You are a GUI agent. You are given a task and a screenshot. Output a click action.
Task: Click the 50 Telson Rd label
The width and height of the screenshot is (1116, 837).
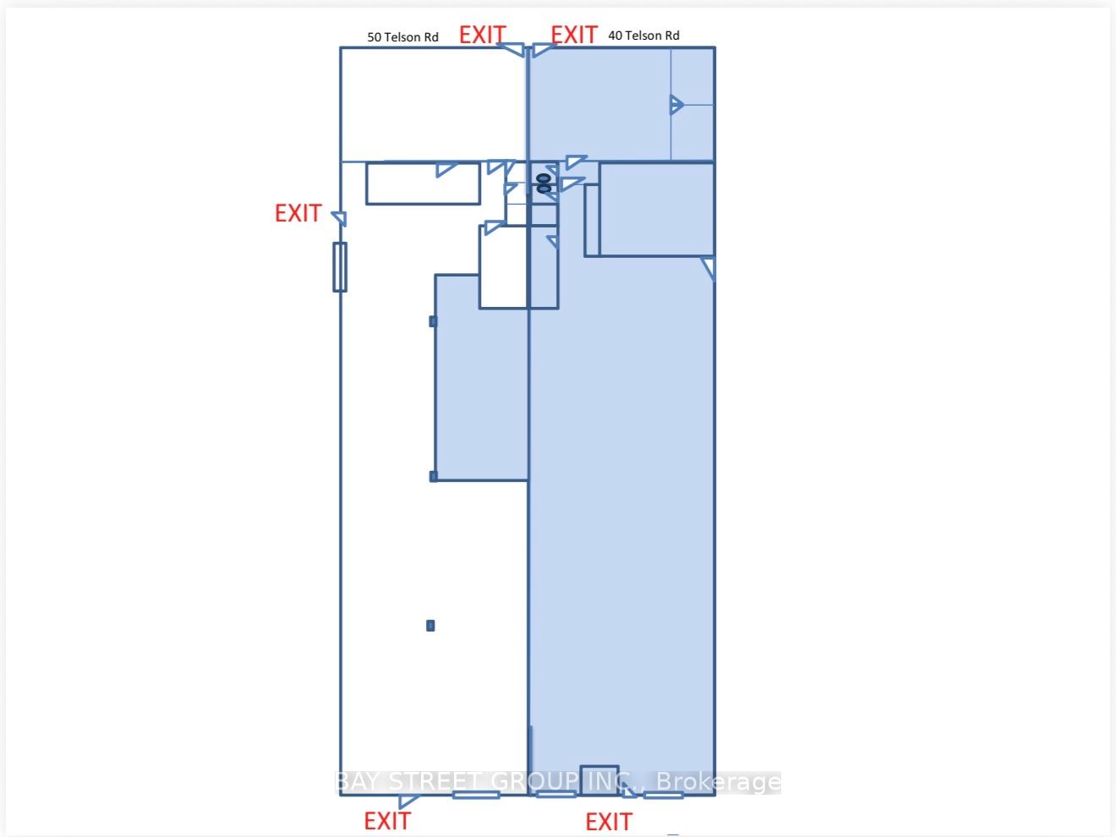coord(402,37)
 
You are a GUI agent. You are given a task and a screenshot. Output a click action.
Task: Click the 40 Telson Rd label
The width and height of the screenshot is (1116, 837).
coord(643,36)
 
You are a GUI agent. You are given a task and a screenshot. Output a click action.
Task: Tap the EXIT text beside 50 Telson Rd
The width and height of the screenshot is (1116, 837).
coord(482,35)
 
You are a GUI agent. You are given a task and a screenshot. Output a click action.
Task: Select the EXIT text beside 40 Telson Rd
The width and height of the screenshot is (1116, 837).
coord(573,35)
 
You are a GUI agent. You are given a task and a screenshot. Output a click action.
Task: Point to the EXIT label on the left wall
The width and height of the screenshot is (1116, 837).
coord(298,213)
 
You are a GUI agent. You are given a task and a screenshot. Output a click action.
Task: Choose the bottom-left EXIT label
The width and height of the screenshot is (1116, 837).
coord(387,821)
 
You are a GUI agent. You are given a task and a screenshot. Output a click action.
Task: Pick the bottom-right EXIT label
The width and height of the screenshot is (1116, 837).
coord(609,821)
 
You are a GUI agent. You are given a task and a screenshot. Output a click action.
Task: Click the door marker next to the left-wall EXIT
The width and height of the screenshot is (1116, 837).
coord(340,218)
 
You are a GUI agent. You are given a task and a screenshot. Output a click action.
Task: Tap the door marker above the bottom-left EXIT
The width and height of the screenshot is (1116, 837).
coord(408,801)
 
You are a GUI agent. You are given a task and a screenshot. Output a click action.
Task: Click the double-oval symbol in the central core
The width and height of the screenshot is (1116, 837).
coord(544,183)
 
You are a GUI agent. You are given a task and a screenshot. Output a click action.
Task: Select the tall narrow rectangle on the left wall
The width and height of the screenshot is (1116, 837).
coord(340,267)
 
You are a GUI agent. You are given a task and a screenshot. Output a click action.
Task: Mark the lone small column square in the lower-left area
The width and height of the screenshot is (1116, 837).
coord(430,626)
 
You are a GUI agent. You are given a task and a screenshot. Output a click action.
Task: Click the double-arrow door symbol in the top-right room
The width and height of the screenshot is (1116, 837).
coord(676,105)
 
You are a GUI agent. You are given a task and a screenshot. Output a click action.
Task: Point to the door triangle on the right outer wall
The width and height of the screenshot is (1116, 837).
coord(708,268)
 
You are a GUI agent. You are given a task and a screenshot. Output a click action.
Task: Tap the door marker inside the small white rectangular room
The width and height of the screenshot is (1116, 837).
coord(446,169)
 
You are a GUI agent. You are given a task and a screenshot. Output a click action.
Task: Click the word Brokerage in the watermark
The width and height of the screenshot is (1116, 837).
coord(719,781)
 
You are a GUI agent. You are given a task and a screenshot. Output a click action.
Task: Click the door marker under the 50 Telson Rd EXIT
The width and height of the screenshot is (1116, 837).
coord(511,49)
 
